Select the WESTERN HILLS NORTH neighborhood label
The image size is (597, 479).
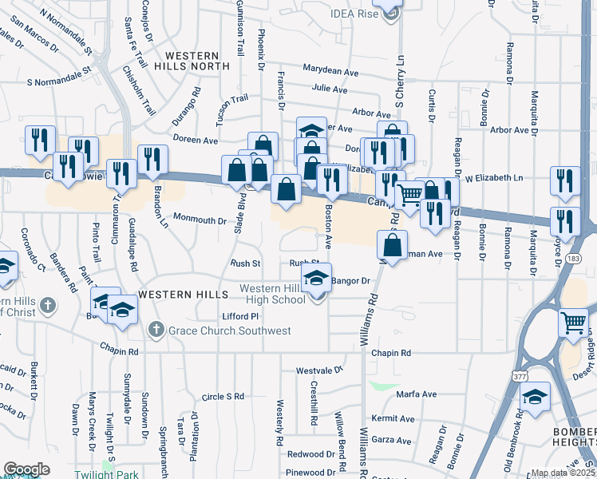(x=196, y=61)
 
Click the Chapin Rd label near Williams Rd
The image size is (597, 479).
(x=391, y=353)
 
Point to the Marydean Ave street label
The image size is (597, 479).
(x=330, y=72)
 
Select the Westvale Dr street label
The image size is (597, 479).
(x=319, y=370)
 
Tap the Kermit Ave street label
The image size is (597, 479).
(x=394, y=418)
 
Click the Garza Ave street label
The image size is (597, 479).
(x=395, y=439)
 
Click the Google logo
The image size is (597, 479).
(x=26, y=469)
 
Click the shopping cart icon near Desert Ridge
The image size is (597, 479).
(x=573, y=323)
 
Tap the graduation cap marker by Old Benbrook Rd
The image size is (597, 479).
(x=535, y=396)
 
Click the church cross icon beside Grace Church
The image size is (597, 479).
(x=156, y=330)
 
